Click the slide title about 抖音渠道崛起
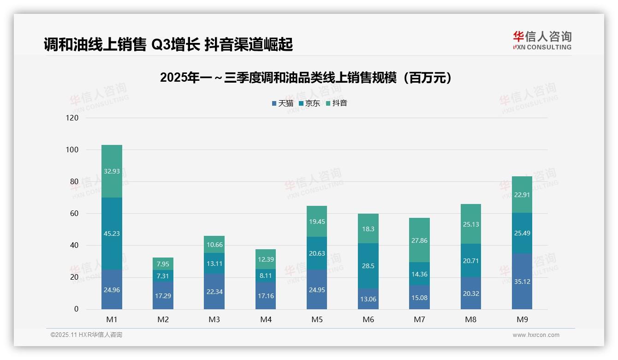[x=168, y=44]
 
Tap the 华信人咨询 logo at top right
[x=542, y=40]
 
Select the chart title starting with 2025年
[x=305, y=78]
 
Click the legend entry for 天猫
[x=282, y=103]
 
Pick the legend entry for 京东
[x=309, y=103]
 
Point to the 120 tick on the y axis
[x=72, y=118]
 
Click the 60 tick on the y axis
[x=74, y=213]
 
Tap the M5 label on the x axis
[x=317, y=319]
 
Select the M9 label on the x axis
[x=522, y=319]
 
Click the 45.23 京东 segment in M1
[x=112, y=234]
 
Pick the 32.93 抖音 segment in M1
[x=112, y=171]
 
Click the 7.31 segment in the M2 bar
[x=163, y=276]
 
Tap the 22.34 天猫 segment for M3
[x=214, y=292]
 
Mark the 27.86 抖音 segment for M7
[x=419, y=240]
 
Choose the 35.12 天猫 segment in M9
[x=522, y=281]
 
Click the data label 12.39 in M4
[x=266, y=259]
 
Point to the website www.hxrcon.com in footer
[x=535, y=335]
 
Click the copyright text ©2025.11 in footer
[x=86, y=335]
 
